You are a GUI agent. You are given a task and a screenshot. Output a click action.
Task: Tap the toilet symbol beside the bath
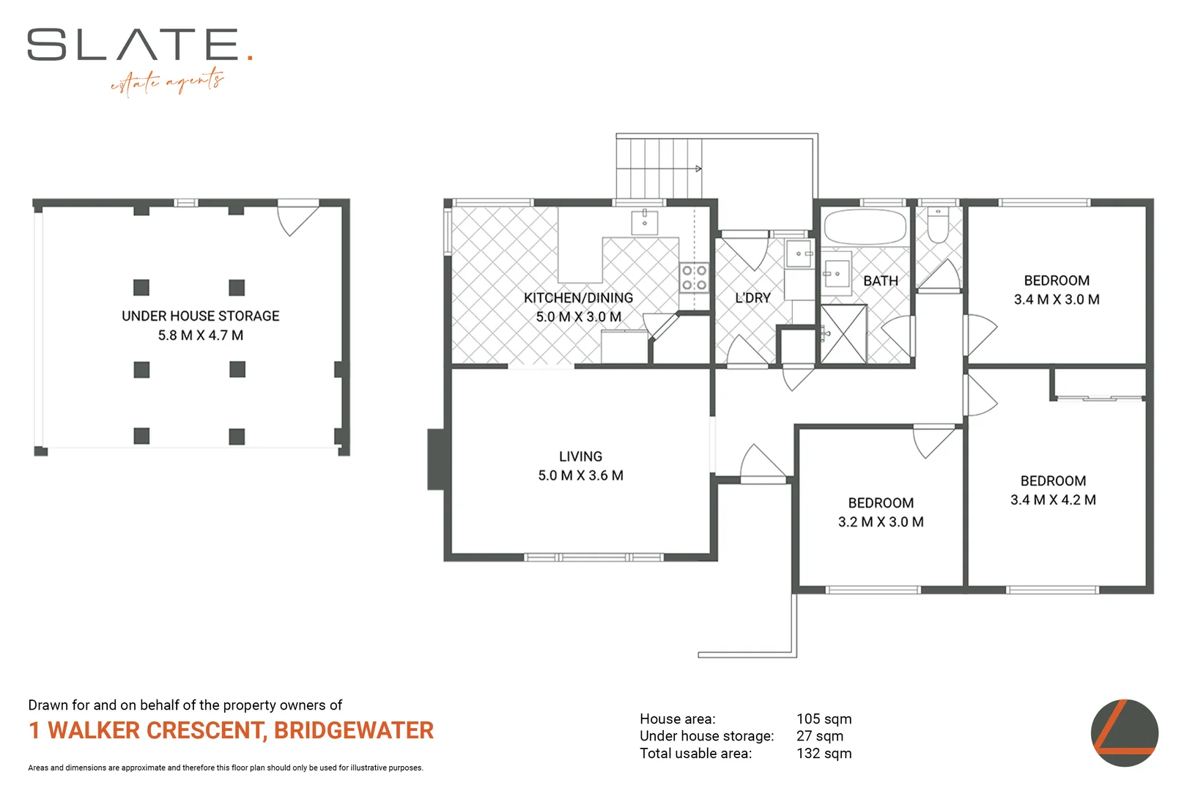[938, 226]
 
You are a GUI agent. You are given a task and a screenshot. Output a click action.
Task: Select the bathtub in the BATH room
[865, 228]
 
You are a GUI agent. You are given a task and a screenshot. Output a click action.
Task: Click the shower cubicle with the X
[843, 335]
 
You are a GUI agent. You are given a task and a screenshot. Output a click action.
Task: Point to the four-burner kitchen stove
[694, 278]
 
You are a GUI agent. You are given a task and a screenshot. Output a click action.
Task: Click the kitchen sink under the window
[645, 222]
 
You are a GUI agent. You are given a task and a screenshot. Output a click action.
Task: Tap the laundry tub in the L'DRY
[800, 254]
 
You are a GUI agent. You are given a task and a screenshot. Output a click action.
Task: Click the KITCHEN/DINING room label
[578, 298]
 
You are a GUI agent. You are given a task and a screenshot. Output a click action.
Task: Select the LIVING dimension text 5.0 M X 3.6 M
[580, 475]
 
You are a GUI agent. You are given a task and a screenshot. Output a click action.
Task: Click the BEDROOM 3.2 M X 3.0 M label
[881, 512]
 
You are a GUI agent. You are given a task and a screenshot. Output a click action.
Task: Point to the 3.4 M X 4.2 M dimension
[1053, 500]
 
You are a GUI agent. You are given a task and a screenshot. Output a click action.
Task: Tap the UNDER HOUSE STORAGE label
[201, 316]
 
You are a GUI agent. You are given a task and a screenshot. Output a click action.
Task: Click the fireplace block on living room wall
[438, 459]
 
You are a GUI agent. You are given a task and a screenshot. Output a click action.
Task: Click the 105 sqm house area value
[824, 719]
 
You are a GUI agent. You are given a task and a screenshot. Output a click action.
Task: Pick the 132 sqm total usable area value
[824, 754]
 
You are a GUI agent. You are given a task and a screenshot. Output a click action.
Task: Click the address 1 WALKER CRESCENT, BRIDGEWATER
[231, 731]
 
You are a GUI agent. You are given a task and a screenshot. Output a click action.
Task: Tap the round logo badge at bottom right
[1124, 733]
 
